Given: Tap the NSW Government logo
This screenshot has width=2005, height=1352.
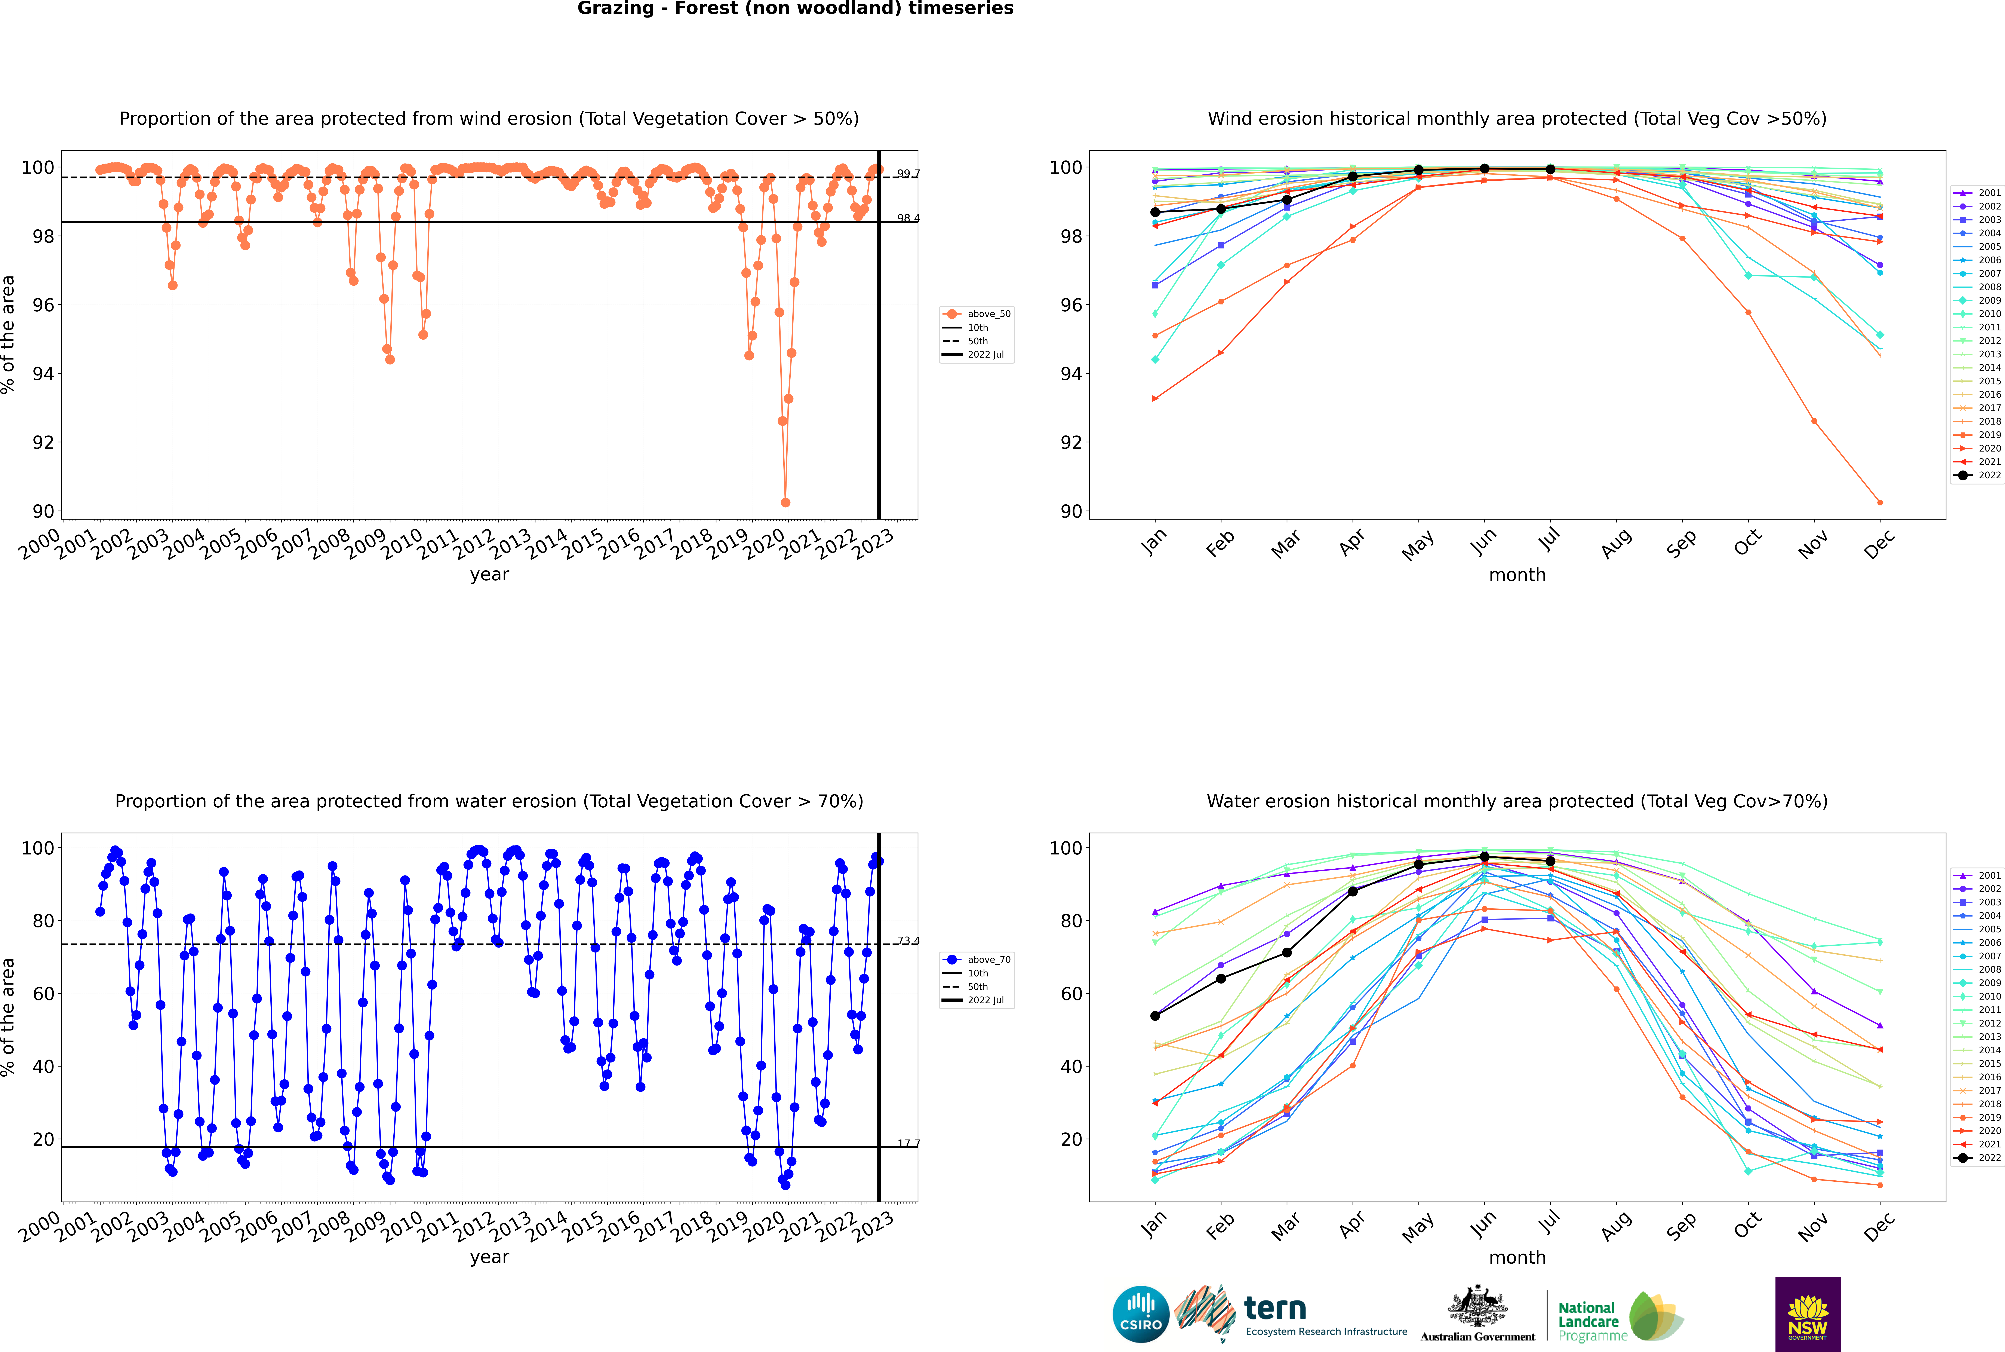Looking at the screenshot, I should tap(1808, 1313).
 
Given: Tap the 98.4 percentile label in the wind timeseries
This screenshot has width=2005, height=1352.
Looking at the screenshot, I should tap(908, 218).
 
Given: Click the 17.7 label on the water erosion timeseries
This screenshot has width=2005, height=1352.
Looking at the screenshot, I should tap(908, 1143).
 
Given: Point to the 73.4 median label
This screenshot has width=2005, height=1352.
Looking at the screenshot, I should tap(908, 941).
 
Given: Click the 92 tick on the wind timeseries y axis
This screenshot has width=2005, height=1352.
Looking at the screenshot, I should tap(43, 442).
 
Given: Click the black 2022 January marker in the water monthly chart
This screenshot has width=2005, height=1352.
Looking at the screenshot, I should tap(1155, 1016).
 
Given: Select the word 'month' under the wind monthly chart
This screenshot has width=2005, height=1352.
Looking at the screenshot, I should tap(1517, 575).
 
